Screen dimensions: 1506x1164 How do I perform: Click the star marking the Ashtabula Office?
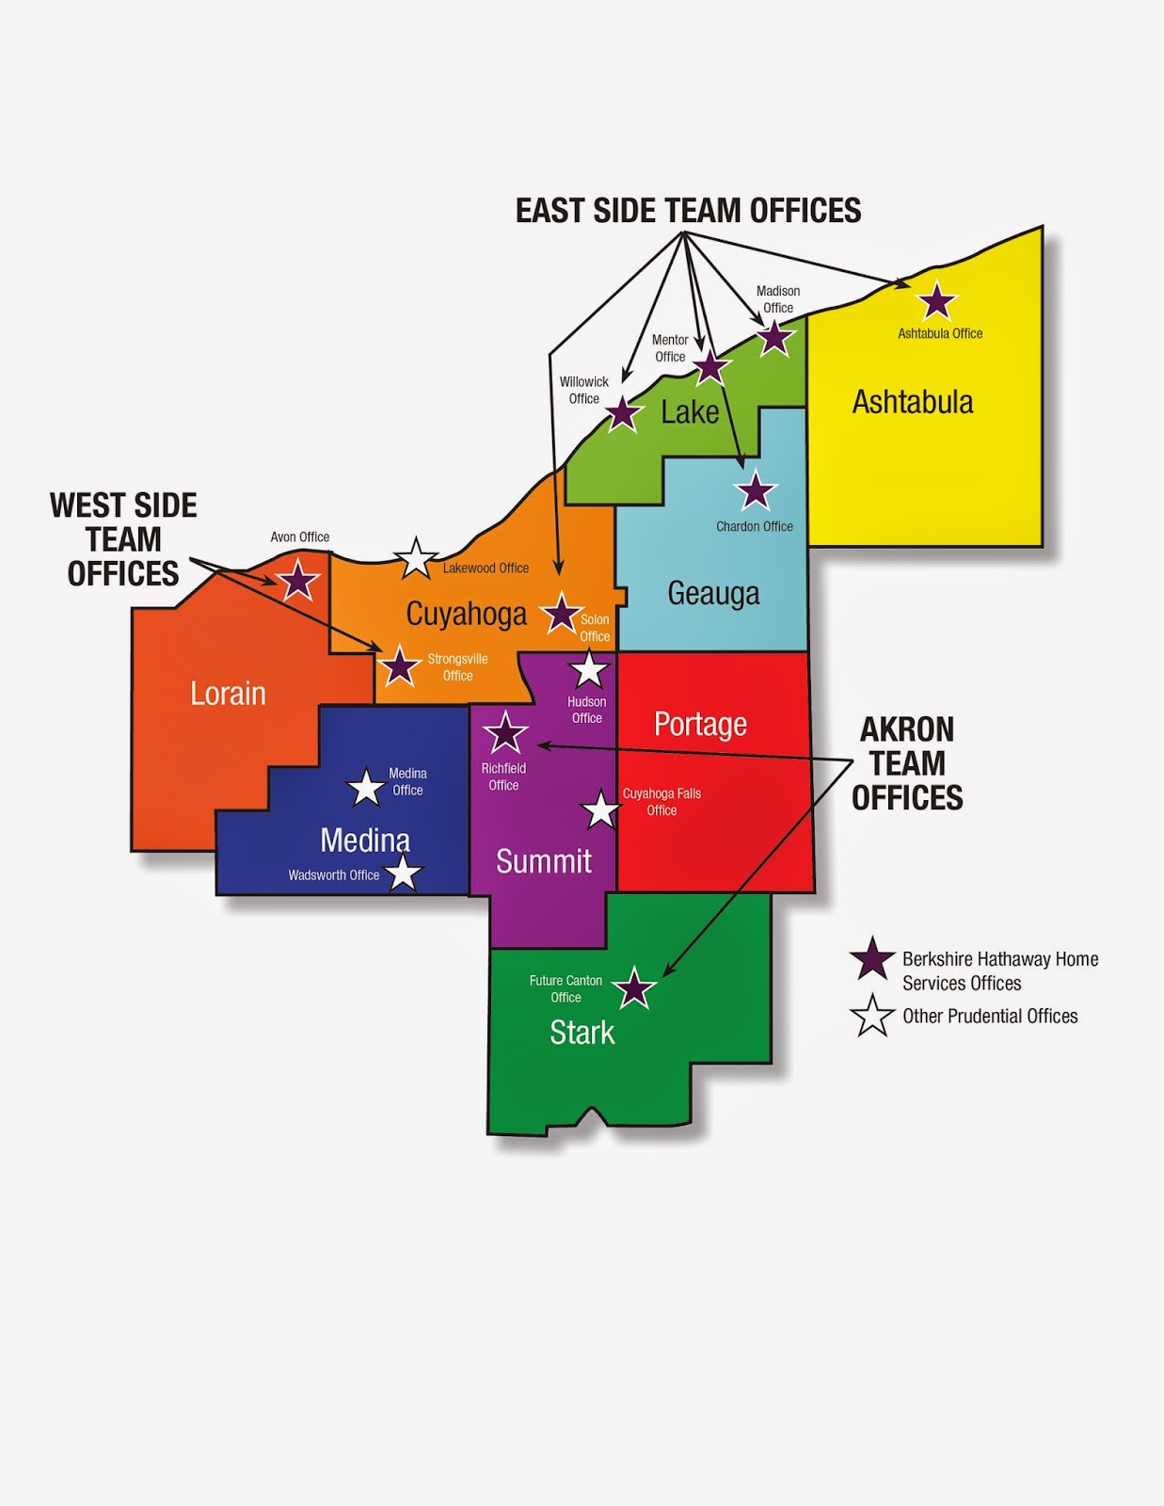click(936, 302)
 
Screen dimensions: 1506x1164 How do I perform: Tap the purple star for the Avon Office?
click(297, 581)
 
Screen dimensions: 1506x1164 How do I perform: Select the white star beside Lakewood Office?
click(415, 558)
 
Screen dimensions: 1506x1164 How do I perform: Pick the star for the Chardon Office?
click(755, 491)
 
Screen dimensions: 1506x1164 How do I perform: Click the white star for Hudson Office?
click(589, 670)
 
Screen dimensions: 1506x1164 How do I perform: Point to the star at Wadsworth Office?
click(403, 873)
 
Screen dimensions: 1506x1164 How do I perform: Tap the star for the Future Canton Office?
click(634, 988)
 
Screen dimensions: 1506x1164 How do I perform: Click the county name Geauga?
click(713, 594)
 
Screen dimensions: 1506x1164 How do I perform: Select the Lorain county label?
click(228, 694)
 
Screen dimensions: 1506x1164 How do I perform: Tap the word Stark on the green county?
click(582, 1033)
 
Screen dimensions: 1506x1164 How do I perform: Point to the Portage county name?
click(700, 724)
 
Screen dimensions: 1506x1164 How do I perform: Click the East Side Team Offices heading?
click(688, 211)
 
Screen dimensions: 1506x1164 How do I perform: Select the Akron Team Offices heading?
click(907, 763)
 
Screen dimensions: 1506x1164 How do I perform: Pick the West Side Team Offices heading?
click(123, 539)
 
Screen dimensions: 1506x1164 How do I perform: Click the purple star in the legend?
click(872, 959)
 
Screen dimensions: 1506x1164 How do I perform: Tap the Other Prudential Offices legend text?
click(990, 1017)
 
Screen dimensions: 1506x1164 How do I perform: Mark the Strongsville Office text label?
click(457, 667)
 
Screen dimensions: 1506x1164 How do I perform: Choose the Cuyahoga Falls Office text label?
click(662, 802)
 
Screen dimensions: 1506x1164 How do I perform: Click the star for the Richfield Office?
click(505, 731)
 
